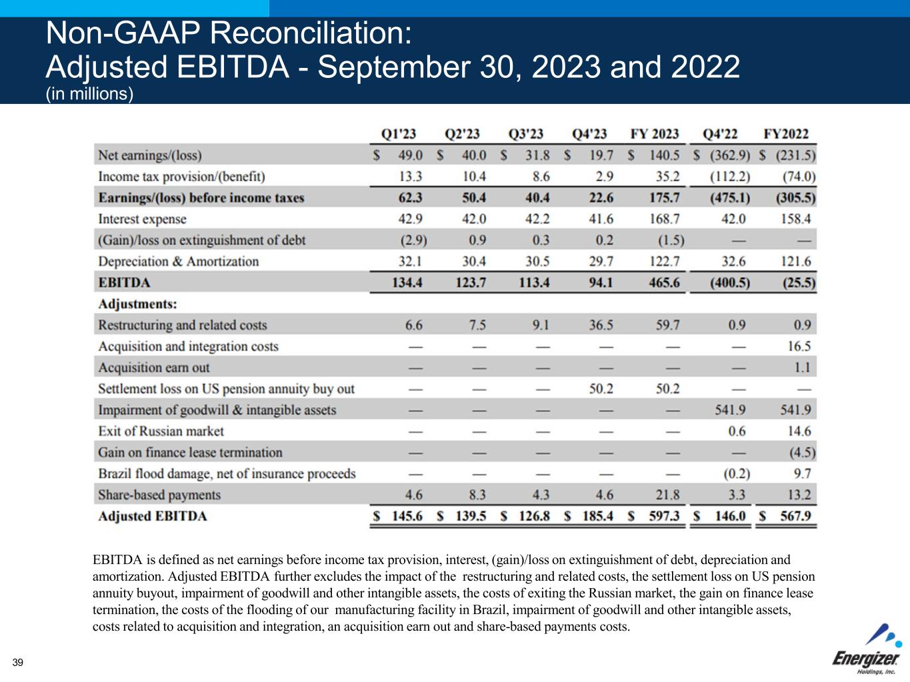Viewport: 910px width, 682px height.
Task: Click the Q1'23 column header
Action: click(x=399, y=134)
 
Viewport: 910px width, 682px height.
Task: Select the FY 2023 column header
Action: click(x=655, y=134)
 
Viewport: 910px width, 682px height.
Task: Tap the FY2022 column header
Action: click(x=786, y=134)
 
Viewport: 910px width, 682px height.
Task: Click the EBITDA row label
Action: click(x=124, y=283)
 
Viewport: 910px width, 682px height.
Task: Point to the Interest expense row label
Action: click(x=142, y=219)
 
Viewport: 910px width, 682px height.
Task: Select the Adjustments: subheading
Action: click(x=137, y=304)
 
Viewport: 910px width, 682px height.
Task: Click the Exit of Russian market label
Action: click(x=161, y=432)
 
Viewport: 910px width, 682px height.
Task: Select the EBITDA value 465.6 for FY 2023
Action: click(x=665, y=283)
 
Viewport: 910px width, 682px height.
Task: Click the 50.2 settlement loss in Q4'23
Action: click(x=601, y=389)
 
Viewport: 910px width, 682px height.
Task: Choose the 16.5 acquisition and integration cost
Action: click(x=799, y=346)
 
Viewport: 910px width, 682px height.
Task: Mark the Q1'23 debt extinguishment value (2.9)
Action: click(x=413, y=240)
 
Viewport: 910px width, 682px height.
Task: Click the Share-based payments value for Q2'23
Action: click(x=477, y=495)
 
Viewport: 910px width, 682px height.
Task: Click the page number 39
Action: click(x=17, y=662)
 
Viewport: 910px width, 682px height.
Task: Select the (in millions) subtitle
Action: click(x=89, y=95)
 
